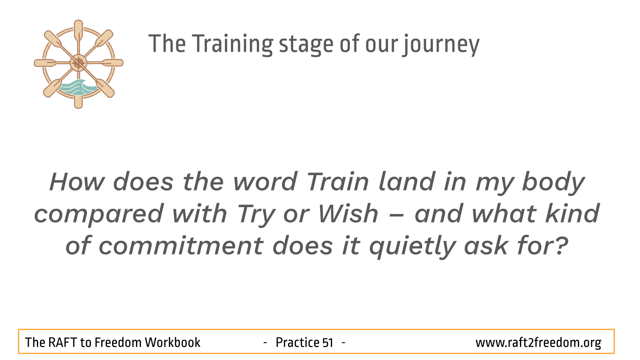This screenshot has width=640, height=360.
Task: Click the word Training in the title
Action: point(232,44)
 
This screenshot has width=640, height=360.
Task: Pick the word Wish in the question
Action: point(348,214)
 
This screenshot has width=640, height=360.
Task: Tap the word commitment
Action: point(181,246)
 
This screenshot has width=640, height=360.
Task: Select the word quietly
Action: point(412,246)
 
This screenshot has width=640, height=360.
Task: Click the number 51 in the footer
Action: point(328,343)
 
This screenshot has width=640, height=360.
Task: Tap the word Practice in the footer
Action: point(297,343)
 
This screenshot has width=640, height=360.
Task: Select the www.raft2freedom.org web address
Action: point(538,343)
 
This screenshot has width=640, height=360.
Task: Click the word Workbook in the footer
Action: point(172,343)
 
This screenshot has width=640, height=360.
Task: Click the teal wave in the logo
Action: point(78,87)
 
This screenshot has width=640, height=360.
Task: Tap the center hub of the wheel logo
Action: point(78,63)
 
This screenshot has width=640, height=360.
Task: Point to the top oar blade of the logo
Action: point(78,30)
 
